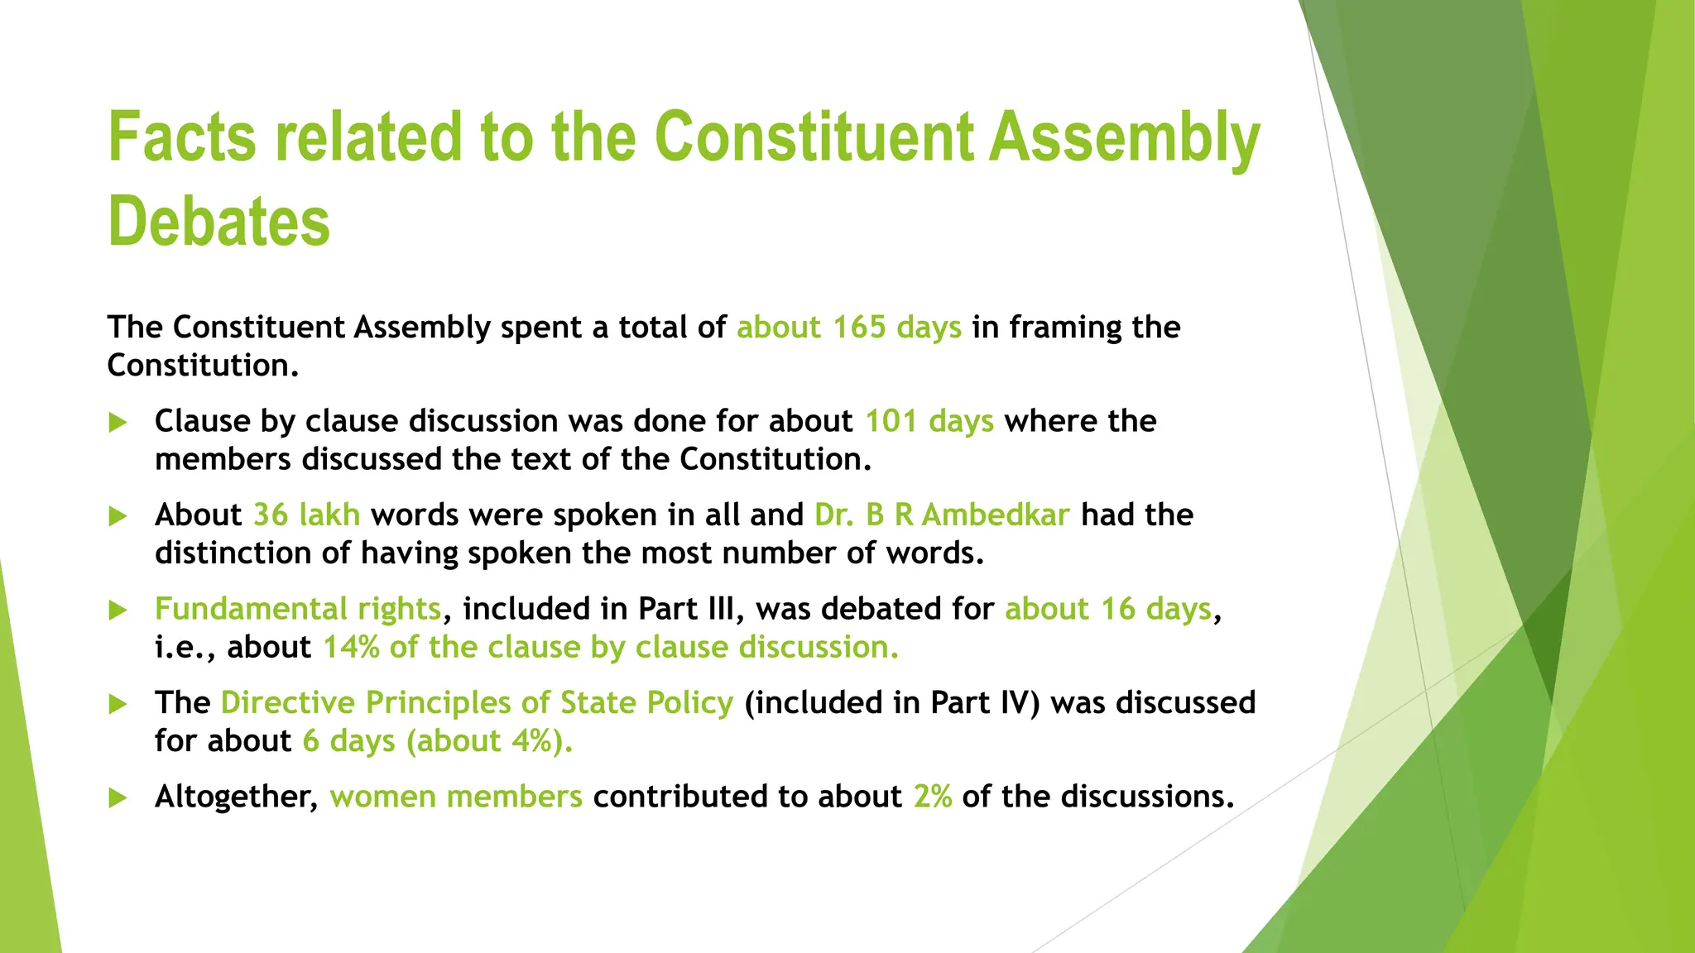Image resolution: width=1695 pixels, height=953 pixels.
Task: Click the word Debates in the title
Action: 219,222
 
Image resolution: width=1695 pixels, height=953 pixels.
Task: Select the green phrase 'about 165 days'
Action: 849,328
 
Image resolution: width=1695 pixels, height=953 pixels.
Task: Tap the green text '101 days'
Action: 929,421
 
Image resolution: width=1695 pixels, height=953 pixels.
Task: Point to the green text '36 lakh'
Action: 306,515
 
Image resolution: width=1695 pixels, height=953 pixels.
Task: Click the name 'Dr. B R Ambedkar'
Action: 942,515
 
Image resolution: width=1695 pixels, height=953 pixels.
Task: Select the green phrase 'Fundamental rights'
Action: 298,609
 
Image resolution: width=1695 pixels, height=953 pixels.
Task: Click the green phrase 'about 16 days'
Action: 1108,609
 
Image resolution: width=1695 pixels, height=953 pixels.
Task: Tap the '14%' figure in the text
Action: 351,647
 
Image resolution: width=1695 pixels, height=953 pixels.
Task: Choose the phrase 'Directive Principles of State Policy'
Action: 477,702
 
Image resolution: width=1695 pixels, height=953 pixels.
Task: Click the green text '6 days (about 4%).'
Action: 437,740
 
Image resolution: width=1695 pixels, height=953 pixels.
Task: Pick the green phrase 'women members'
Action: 456,797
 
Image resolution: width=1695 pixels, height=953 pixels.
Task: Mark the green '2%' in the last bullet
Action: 933,797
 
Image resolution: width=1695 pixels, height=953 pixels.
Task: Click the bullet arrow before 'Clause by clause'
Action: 118,423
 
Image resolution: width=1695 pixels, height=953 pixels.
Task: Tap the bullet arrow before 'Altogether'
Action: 118,798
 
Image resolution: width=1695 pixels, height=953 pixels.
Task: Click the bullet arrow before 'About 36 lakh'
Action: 118,517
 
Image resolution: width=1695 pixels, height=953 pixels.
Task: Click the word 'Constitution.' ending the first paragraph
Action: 203,366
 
